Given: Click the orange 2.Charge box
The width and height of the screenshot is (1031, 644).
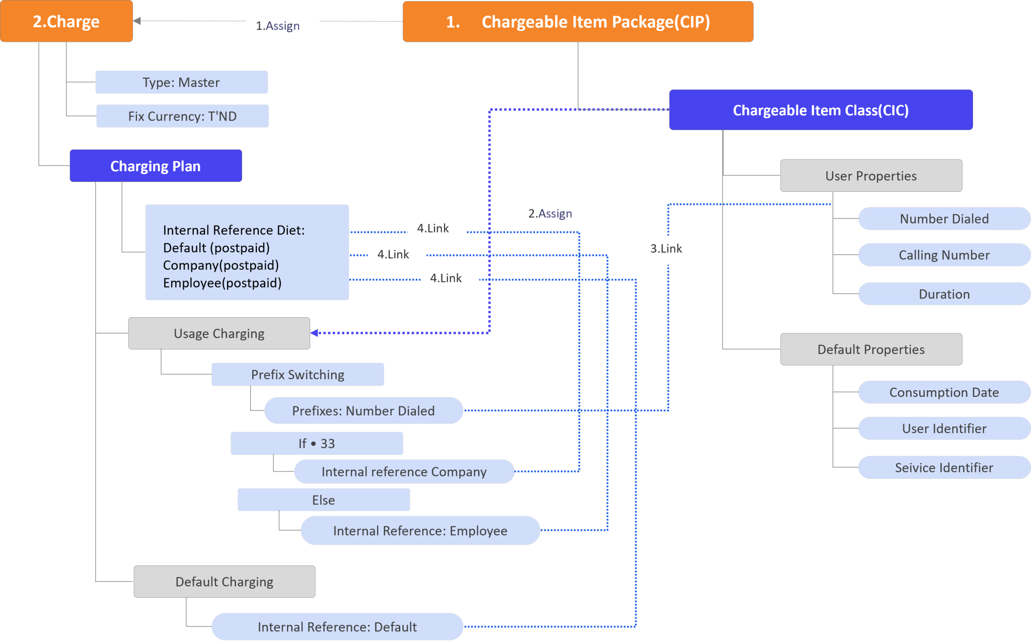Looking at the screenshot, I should coord(66,21).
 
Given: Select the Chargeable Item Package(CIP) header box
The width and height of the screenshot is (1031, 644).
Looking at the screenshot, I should coord(577,22).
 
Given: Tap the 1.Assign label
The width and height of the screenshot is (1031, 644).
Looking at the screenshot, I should coord(282,27).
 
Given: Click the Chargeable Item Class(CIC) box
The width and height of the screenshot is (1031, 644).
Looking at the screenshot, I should coord(820,110).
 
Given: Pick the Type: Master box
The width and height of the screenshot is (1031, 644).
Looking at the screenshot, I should coord(181,82).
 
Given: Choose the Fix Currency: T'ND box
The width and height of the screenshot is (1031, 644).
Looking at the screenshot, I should coord(182,116).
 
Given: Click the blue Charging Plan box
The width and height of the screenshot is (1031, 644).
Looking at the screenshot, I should coord(156,166).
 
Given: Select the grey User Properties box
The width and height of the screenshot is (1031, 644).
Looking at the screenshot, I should coord(870,176).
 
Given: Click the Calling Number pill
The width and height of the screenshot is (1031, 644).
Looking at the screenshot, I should coord(943,255).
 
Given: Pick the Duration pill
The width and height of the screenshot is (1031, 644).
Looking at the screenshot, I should coord(943,294).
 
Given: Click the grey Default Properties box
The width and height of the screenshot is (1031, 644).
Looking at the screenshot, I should coord(870,349).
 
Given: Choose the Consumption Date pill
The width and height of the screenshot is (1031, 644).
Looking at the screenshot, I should coord(943,392).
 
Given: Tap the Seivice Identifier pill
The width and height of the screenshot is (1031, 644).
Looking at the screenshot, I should coord(943,467).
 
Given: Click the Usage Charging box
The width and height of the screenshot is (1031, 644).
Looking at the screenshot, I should coord(219,333).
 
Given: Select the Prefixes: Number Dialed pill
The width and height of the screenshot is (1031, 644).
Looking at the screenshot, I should coord(363,410).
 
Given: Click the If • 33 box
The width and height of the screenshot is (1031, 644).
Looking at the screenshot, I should coord(316,443).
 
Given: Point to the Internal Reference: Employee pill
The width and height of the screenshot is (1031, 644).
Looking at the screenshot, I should coord(420,530).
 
